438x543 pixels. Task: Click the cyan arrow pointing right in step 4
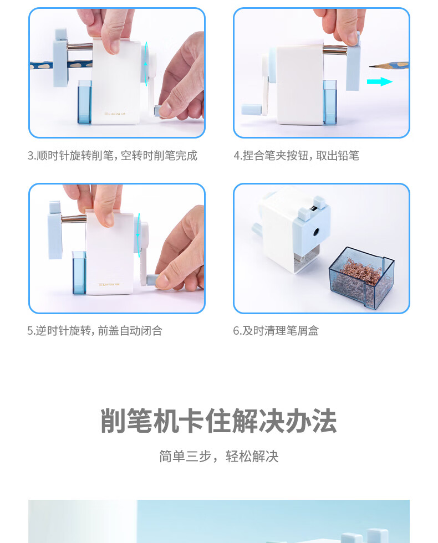pyautogui.click(x=379, y=82)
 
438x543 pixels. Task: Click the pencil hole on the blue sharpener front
pyautogui.click(x=316, y=232)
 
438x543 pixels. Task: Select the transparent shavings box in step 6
pyautogui.click(x=361, y=277)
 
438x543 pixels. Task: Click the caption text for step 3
pyautogui.click(x=112, y=156)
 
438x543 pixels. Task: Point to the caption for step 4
pyautogui.click(x=296, y=156)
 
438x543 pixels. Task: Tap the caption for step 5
pyautogui.click(x=95, y=331)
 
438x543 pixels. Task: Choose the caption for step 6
pyautogui.click(x=276, y=331)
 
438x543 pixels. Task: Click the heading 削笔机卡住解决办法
pyautogui.click(x=218, y=421)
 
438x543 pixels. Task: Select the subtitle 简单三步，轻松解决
pyautogui.click(x=218, y=456)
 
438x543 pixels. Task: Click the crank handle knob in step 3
pyautogui.click(x=159, y=111)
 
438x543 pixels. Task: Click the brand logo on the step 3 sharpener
pyautogui.click(x=115, y=114)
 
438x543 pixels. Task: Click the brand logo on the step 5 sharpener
pyautogui.click(x=109, y=284)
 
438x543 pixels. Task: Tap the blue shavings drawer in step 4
pyautogui.click(x=329, y=102)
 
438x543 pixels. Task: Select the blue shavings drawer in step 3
pyautogui.click(x=84, y=102)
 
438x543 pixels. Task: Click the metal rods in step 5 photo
pyautogui.click(x=74, y=218)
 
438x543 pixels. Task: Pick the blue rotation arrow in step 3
pyautogui.click(x=146, y=64)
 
